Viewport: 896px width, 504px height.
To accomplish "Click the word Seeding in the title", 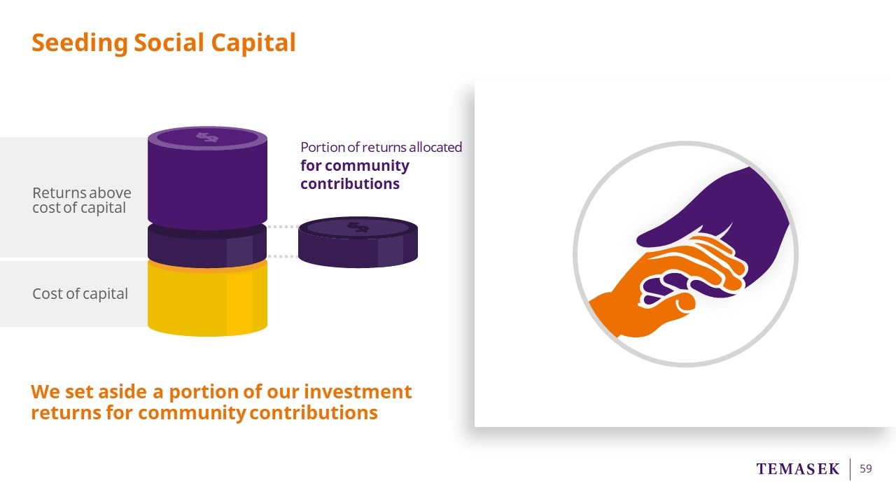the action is [x=80, y=43].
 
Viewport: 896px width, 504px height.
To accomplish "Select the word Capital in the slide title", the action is [x=253, y=43].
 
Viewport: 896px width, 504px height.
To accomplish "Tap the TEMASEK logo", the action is [x=797, y=469].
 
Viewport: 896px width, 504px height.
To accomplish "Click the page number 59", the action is [x=866, y=468].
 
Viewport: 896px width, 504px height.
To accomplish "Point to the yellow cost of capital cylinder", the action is [x=207, y=298].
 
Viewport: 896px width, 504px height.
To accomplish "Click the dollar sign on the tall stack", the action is [x=207, y=137].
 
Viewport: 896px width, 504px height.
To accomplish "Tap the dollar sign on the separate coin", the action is [x=358, y=227].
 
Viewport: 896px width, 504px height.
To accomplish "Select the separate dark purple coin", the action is [x=358, y=242].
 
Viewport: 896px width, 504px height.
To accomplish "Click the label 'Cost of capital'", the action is [x=80, y=293].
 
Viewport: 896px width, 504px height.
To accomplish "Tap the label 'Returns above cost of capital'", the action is [x=82, y=200].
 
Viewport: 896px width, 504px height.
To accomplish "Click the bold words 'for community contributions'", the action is [x=355, y=175].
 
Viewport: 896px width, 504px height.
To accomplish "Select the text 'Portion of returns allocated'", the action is [x=381, y=147].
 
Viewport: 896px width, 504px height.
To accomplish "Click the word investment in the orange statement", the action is [x=358, y=391].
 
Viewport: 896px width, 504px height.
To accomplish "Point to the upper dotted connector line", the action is [x=283, y=227].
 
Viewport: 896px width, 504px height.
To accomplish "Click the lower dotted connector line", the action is [x=283, y=256].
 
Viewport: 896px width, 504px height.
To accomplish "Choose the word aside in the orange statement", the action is [x=122, y=391].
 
